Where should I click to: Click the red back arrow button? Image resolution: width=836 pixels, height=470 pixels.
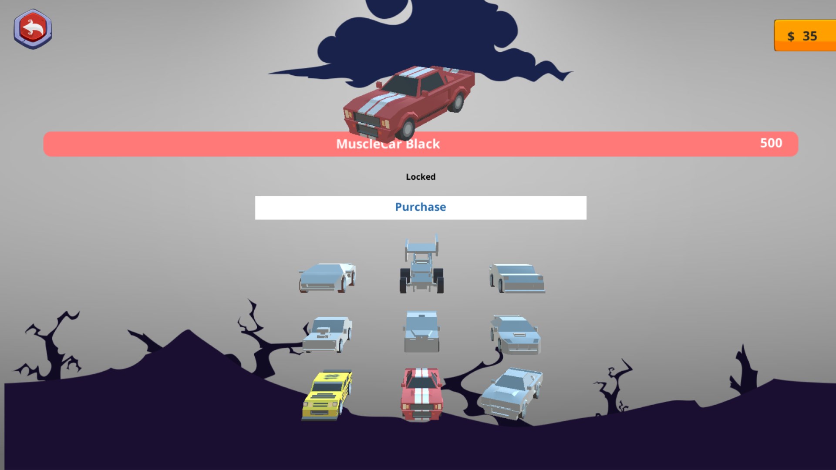tap(33, 29)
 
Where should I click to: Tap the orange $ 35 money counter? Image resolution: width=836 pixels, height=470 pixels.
tap(805, 35)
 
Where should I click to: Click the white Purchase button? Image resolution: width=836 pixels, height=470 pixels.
tap(421, 208)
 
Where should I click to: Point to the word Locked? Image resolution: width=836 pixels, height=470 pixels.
tap(421, 177)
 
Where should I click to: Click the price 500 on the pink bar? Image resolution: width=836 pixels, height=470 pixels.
tap(771, 143)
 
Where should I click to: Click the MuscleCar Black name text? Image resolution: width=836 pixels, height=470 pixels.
tap(388, 144)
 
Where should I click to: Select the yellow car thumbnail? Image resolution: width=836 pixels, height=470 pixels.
tap(327, 395)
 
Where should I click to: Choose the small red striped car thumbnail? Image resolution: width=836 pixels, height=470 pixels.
tap(421, 394)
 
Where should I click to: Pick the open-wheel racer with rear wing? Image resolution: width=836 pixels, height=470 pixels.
tap(421, 264)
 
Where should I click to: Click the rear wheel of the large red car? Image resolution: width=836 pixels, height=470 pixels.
tap(456, 103)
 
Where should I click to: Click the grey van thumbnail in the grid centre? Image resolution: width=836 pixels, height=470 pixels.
tap(421, 332)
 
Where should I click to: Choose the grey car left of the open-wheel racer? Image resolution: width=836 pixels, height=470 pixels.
tap(327, 278)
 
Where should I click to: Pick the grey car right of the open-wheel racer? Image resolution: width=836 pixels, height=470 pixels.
tap(517, 278)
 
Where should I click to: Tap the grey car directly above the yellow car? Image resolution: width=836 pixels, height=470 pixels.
tap(327, 334)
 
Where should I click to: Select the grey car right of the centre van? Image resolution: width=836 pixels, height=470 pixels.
tap(516, 335)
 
